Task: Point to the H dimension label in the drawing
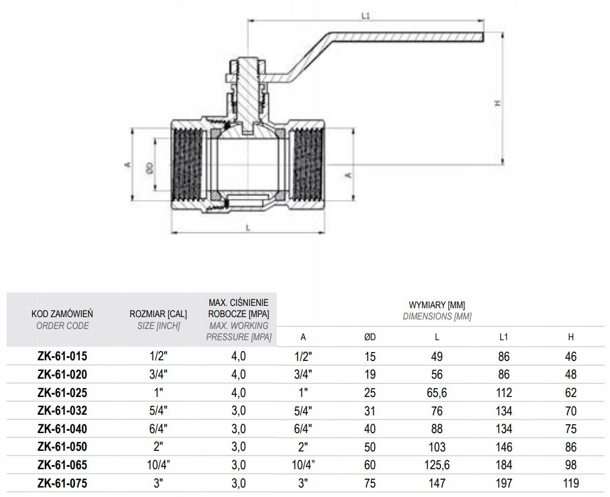pyautogui.click(x=498, y=102)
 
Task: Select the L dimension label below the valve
pyautogui.click(x=247, y=227)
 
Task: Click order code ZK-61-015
pyautogui.click(x=62, y=357)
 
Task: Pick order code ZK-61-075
pyautogui.click(x=62, y=483)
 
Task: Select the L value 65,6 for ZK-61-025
pyautogui.click(x=437, y=393)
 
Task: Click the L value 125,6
pyautogui.click(x=437, y=466)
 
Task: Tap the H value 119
pyautogui.click(x=570, y=483)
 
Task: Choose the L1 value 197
pyautogui.click(x=504, y=483)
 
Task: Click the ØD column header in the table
pyautogui.click(x=369, y=337)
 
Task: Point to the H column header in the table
pyautogui.click(x=570, y=337)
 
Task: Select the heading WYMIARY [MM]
pyautogui.click(x=437, y=305)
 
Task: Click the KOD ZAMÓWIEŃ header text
pyautogui.click(x=62, y=314)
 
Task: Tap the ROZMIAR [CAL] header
pyautogui.click(x=158, y=314)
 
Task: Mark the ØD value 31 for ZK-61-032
pyautogui.click(x=369, y=411)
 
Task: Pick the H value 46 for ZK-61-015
pyautogui.click(x=570, y=357)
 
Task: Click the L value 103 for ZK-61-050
pyautogui.click(x=437, y=447)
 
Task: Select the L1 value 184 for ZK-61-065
pyautogui.click(x=504, y=466)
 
